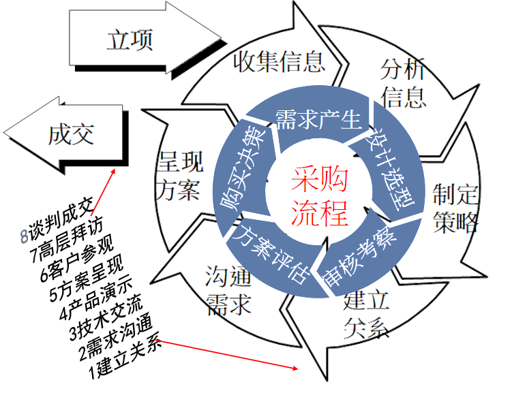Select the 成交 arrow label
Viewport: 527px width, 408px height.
coord(71,134)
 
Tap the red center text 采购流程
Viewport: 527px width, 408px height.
coord(320,198)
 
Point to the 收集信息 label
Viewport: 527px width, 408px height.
coord(279,62)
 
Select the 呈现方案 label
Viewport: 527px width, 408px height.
coord(179,176)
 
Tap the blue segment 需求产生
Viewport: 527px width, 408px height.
coord(318,120)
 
